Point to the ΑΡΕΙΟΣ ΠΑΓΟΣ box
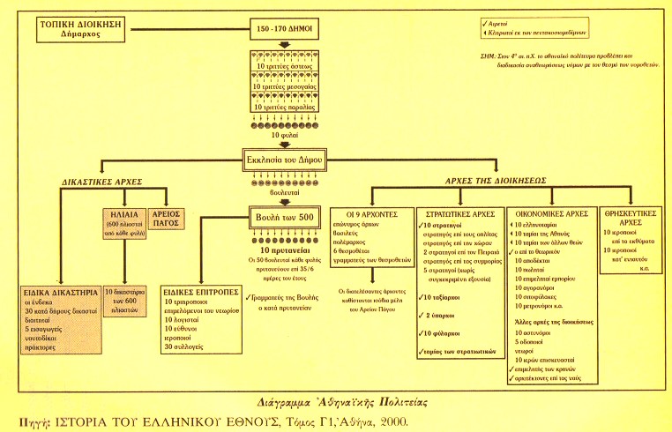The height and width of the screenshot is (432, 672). point(175,217)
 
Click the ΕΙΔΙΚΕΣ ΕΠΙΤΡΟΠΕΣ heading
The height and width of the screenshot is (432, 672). point(197,290)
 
